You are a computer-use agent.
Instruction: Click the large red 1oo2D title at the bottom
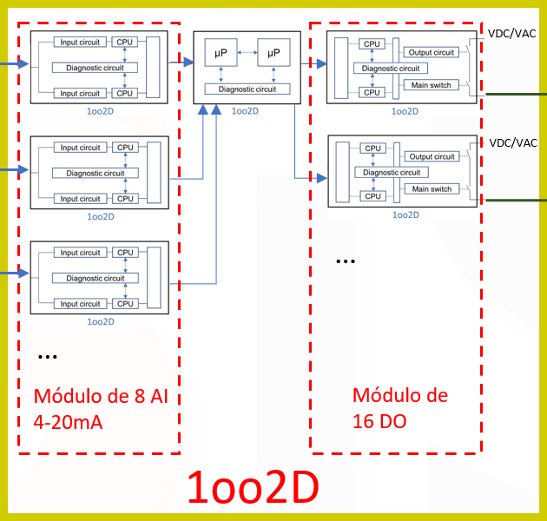(x=253, y=489)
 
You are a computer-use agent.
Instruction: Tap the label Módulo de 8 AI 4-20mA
(x=100, y=409)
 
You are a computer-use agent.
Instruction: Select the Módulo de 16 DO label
(x=399, y=407)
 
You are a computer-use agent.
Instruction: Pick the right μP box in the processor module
(x=273, y=54)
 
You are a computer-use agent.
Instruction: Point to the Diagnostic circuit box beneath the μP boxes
(x=247, y=89)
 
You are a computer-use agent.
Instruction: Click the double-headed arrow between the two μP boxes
(x=247, y=54)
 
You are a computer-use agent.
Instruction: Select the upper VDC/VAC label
(x=512, y=33)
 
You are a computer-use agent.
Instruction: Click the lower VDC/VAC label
(x=512, y=142)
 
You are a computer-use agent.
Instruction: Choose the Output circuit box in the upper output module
(x=432, y=53)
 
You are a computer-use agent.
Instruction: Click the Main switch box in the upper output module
(x=432, y=85)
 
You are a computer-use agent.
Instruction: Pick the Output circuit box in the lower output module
(x=432, y=157)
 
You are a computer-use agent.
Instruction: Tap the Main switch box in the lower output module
(x=432, y=189)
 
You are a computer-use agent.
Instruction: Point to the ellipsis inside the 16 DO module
(x=345, y=260)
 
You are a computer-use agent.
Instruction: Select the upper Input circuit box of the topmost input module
(x=80, y=42)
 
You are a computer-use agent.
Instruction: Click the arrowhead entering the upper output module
(x=321, y=64)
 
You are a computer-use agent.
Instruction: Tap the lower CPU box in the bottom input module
(x=125, y=304)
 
